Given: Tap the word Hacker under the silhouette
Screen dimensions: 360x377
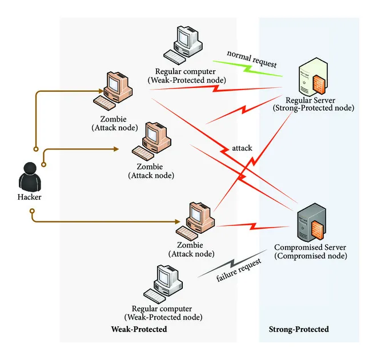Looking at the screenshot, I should (x=29, y=197).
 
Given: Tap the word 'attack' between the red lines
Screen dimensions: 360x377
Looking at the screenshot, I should (x=242, y=148).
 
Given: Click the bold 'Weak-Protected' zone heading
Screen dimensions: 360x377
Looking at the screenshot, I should (x=139, y=330).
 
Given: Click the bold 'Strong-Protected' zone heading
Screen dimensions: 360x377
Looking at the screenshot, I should (x=298, y=330).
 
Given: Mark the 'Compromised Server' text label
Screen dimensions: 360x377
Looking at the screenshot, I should (x=310, y=248).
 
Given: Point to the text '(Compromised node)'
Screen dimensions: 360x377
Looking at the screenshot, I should (x=310, y=256).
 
